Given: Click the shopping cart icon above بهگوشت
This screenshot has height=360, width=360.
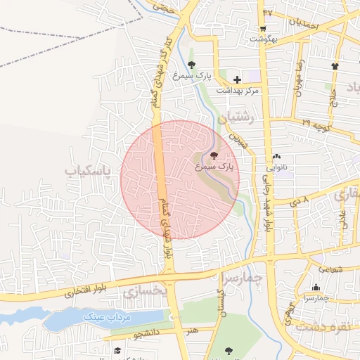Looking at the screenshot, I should pos(262,29).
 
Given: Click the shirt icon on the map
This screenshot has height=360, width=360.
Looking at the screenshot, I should pos(334,66).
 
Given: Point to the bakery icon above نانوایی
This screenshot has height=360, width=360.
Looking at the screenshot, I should pos(276,157).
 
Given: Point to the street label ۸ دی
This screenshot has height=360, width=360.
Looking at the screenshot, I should pos(300,201).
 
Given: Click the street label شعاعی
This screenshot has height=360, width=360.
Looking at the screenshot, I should pos(331,268).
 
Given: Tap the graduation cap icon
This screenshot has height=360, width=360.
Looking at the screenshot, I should pos(118,349).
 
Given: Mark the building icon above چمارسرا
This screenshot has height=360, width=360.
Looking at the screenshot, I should pos(316,287).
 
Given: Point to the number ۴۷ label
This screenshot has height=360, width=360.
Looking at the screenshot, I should pos(267,12).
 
